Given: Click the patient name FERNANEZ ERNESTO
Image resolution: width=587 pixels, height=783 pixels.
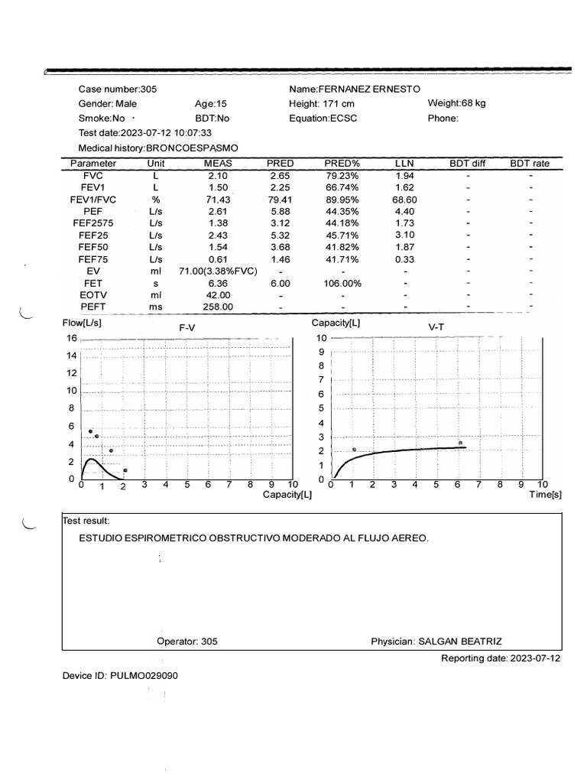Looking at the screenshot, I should (x=369, y=89).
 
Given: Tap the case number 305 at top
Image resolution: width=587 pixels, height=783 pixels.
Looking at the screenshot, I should (x=148, y=89).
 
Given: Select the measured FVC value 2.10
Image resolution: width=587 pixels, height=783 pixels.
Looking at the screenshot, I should (x=218, y=176).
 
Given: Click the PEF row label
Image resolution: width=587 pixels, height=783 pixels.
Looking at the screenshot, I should (x=92, y=211).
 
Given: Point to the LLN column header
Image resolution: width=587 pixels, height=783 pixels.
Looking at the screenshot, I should (x=404, y=164).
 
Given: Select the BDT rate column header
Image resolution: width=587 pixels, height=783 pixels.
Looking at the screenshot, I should (x=529, y=164).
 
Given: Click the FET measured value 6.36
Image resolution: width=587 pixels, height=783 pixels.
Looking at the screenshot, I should (x=218, y=283).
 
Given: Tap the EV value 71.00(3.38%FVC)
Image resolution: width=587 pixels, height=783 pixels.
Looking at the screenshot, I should (x=218, y=271).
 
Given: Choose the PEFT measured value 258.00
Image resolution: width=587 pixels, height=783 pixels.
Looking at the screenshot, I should (x=218, y=307).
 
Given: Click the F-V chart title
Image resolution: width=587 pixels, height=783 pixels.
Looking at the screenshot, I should (x=187, y=327).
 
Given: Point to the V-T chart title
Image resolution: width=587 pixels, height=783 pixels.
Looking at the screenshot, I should (x=436, y=327).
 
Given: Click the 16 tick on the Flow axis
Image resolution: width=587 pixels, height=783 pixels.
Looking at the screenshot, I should (x=72, y=338).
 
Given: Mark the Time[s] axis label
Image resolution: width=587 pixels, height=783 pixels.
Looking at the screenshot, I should (x=546, y=495).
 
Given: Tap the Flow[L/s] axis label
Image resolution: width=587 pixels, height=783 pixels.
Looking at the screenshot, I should (x=82, y=323).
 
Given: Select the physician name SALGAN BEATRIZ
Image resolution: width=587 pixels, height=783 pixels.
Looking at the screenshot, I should (x=460, y=642).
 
